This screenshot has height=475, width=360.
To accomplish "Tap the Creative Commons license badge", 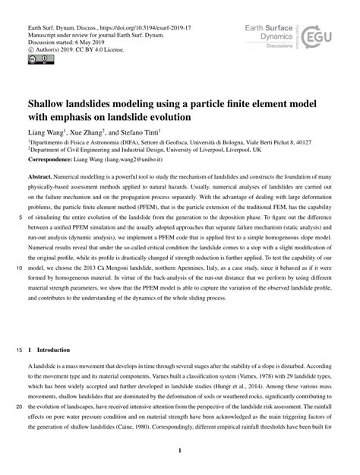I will coord(36,58).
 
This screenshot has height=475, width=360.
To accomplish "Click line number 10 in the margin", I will coord(17,290).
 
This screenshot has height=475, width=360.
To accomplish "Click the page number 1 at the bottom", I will coord(179,451).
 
